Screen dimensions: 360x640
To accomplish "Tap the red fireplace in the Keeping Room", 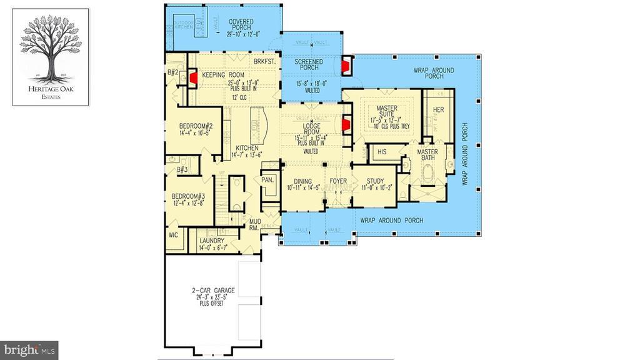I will tap(194, 77).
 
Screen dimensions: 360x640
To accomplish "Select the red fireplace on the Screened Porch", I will tap(346, 65).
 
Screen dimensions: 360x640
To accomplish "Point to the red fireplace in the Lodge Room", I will tap(344, 125).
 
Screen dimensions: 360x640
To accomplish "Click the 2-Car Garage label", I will tap(213, 291).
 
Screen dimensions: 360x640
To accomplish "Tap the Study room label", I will tap(375, 182).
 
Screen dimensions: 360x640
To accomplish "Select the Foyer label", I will tap(338, 181).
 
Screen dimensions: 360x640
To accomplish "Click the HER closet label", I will tap(438, 110).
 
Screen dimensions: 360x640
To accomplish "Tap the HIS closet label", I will tap(382, 152).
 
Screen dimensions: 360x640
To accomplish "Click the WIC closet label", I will tap(173, 236).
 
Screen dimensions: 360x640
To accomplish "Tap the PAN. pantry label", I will tap(267, 179).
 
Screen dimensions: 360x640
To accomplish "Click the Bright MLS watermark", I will tap(30, 348).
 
